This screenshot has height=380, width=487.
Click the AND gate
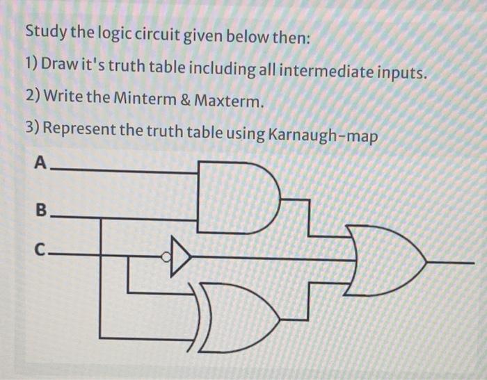[233, 196]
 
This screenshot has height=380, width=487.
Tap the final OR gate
[383, 261]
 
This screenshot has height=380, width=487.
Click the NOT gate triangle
[179, 258]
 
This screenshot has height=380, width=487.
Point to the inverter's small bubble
[166, 258]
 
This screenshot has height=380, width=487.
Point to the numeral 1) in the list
[31, 66]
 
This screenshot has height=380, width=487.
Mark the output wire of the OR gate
[452, 263]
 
